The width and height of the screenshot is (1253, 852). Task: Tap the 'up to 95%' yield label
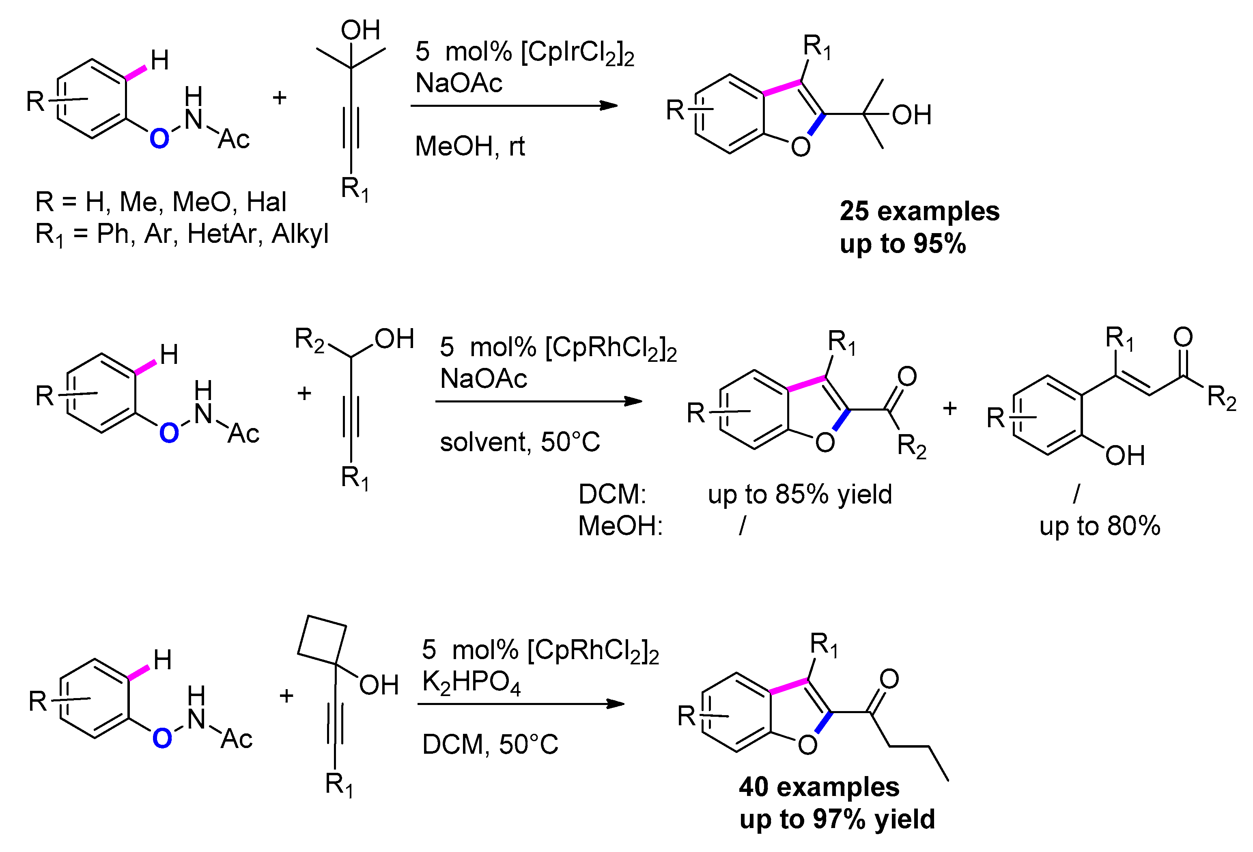click(x=902, y=243)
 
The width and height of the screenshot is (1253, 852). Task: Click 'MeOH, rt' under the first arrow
click(x=469, y=146)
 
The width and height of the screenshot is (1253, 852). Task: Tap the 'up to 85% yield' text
click(x=800, y=494)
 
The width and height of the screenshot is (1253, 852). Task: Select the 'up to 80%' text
click(x=1099, y=526)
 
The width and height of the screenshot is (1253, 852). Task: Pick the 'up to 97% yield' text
click(x=837, y=819)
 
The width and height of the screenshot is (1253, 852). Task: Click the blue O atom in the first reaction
click(x=159, y=138)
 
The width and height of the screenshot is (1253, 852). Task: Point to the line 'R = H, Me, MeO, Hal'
click(x=161, y=202)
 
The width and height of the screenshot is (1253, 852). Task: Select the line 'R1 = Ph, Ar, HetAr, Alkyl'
click(x=182, y=234)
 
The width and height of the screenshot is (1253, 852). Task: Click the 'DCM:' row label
click(x=612, y=494)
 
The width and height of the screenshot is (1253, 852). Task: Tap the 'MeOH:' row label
click(x=620, y=526)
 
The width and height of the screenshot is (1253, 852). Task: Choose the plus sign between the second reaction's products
click(x=949, y=409)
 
